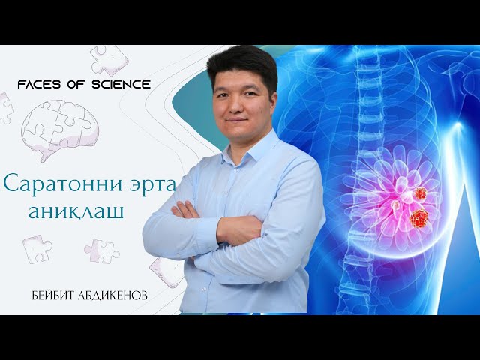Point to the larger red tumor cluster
[x=418, y=218]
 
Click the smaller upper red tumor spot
[x=420, y=193]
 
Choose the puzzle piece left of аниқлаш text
[x=36, y=247]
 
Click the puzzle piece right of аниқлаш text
[x=101, y=250]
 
